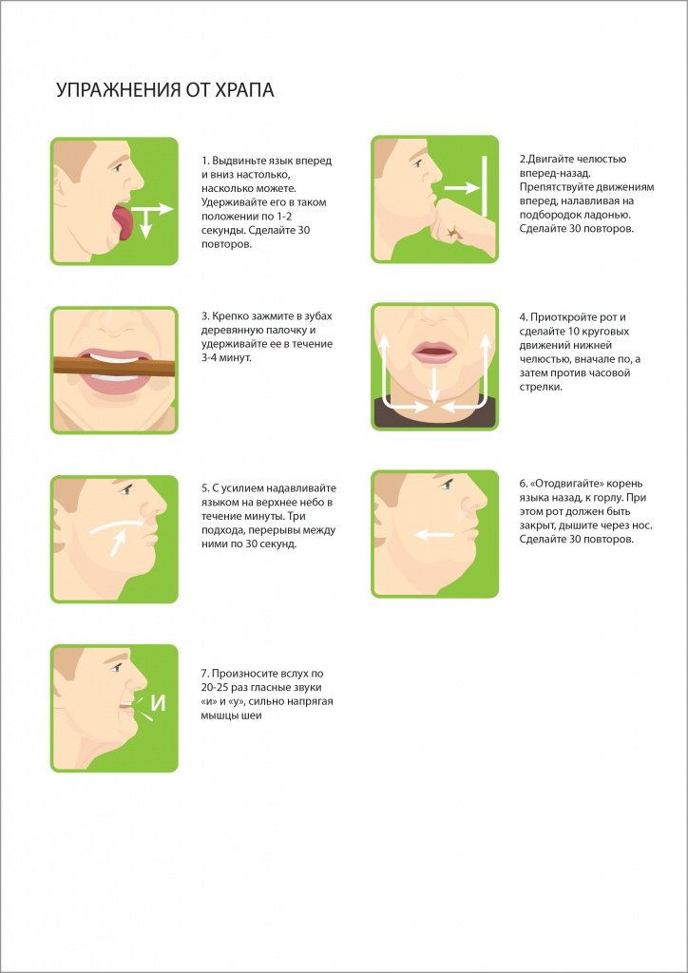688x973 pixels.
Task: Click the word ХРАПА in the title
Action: click(x=240, y=90)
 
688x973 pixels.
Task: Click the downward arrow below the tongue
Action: click(x=145, y=223)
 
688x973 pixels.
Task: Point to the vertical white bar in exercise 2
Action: click(x=485, y=186)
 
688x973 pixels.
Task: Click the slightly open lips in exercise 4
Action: click(x=434, y=353)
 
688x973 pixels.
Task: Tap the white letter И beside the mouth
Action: click(x=160, y=704)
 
